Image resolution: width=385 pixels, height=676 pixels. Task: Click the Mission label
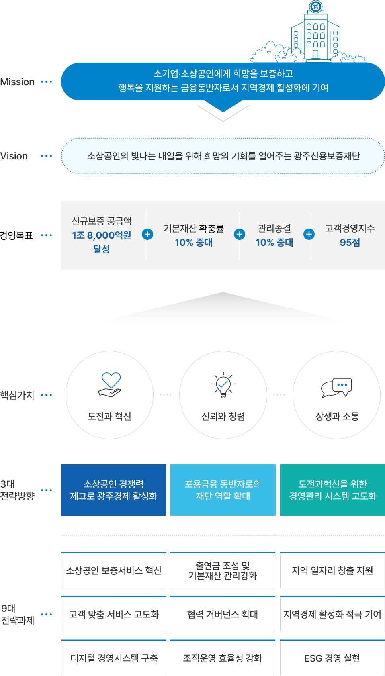pos(17,82)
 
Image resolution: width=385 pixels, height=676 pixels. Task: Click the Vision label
pos(14,156)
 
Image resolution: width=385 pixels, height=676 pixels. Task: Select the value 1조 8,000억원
pos(101,235)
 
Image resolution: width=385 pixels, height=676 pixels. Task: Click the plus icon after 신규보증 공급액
pos(147,234)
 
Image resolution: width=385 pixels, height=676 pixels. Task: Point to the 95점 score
pos(350,242)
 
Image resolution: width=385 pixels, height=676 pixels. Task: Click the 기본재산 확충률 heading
pos(194,229)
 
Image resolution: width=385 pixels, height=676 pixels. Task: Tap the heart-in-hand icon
pos(110,384)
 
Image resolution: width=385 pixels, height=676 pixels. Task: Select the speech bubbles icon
pos(337,388)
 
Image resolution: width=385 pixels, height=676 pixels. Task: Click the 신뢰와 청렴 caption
pos(223,417)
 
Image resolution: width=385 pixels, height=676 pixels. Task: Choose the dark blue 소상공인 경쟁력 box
pos(114,490)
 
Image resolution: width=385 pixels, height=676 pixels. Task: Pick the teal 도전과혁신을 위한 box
pos(332,490)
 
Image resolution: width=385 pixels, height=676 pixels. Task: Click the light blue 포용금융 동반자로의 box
pos(223,490)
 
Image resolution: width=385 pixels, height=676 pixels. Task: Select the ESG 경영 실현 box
pos(332,658)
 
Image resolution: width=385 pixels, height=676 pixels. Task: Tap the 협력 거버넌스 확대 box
pos(223,614)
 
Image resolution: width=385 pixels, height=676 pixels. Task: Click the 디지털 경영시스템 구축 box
pos(114,658)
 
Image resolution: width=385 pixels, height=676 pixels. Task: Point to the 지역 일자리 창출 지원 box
pos(332,570)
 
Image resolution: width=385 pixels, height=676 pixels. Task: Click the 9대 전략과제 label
pos(18,614)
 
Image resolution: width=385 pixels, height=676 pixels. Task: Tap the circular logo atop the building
pos(316,7)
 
